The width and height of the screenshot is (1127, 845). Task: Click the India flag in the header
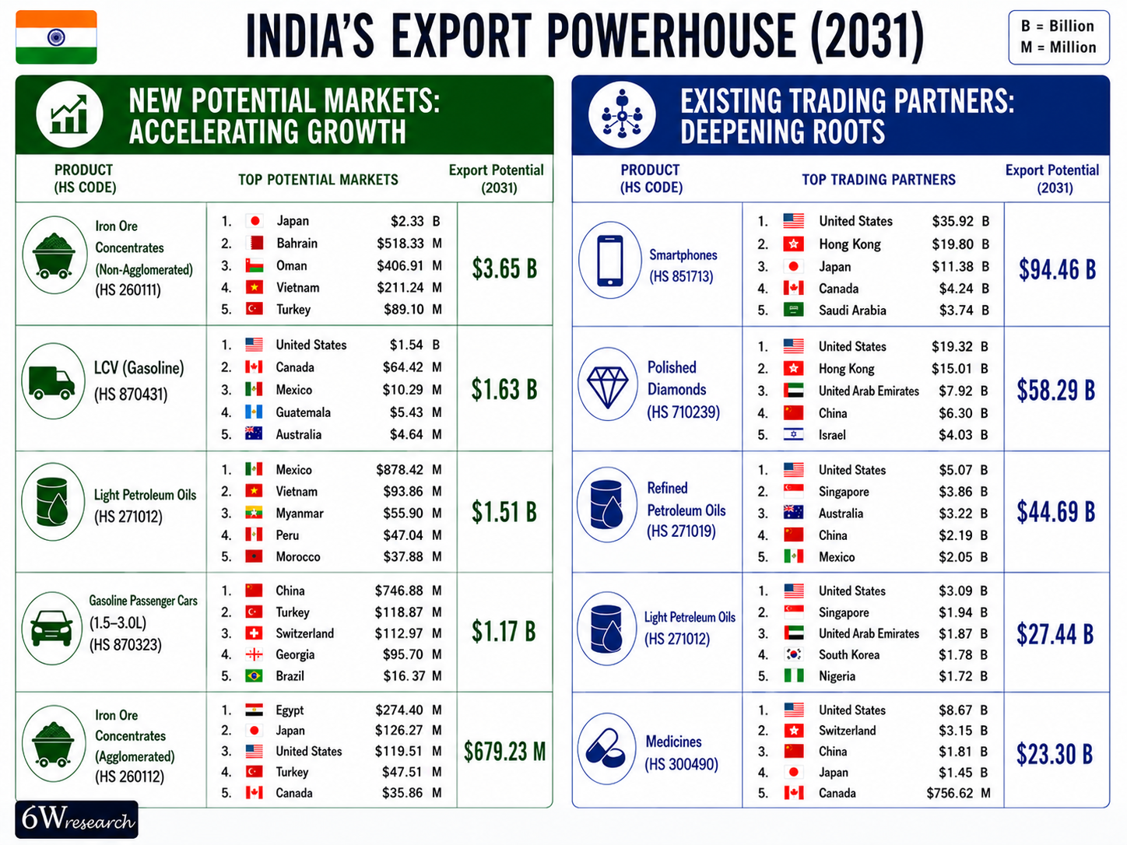pos(56,37)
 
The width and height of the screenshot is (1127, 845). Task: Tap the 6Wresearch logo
pos(76,819)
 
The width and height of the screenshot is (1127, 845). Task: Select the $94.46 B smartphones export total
pos(1057,269)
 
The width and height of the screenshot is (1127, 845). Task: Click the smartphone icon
pos(610,260)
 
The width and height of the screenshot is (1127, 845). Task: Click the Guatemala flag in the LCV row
pos(254,412)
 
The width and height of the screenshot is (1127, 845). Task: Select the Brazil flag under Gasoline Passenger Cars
pos(254,675)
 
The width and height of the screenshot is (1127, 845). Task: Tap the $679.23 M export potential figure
pos(504,752)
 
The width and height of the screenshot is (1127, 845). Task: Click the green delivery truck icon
pos(52,383)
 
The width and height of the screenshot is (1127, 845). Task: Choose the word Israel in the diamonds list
pos(832,435)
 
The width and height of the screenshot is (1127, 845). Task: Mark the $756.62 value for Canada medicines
pos(950,793)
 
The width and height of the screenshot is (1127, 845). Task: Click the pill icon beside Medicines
pos(606,749)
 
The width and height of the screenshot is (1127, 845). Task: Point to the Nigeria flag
pos(794,675)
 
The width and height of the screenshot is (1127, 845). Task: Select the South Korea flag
pos(794,654)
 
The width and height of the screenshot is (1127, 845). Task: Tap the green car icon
pos(51,628)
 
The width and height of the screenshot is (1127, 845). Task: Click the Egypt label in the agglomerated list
pos(290,710)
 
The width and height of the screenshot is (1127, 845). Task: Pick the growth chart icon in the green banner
pos(68,114)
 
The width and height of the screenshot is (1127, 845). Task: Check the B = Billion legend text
pos(1057,26)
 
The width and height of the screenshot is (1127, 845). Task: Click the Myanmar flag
pos(254,513)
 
